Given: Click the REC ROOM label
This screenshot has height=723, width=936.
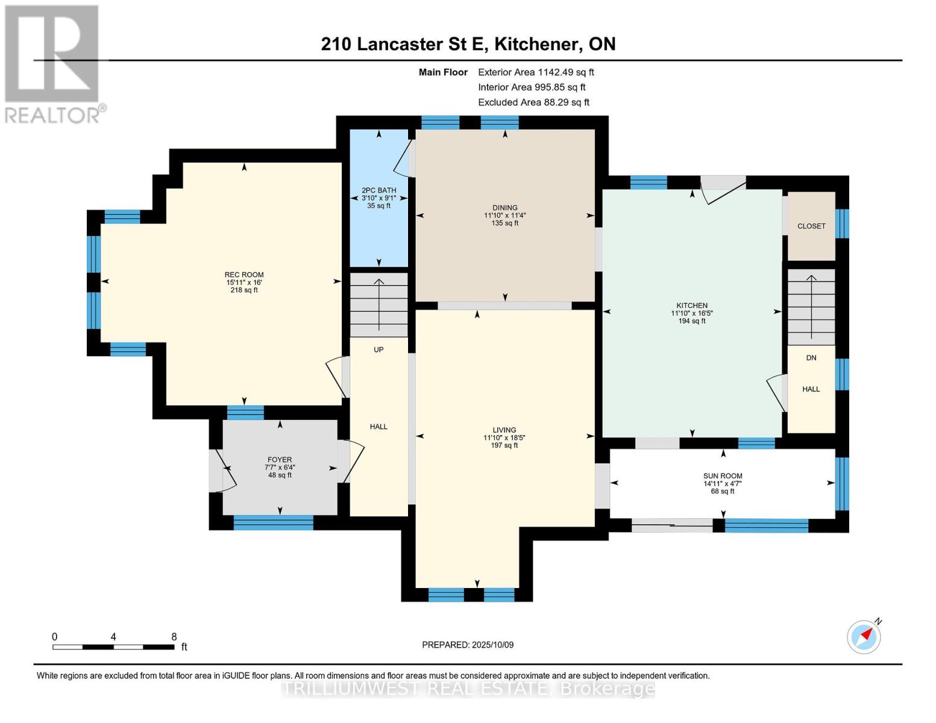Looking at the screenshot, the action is point(244,275).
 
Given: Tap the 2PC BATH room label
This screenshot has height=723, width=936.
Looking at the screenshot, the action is point(378,190).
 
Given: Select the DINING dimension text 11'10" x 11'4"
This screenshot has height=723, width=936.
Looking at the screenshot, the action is point(505,215).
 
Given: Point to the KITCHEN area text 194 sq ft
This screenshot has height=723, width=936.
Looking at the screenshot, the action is point(692,321).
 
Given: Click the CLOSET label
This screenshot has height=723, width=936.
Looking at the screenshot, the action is point(811,226).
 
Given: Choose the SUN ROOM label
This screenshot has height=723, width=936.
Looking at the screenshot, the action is point(723,476).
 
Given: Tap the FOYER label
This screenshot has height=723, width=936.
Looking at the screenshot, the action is point(280,460).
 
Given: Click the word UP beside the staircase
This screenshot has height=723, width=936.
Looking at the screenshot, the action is point(378,349).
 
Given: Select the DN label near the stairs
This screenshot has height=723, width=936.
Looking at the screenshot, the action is point(811,358).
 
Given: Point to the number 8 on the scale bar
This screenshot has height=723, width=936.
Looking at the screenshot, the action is point(174,637).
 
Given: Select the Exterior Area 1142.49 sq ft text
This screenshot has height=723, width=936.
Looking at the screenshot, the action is point(536,72).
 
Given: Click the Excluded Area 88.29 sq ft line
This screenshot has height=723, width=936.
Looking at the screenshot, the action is point(533,102).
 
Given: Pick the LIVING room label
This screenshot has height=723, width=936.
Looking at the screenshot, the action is point(504,430).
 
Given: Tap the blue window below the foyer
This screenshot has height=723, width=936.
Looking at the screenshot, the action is point(273,522).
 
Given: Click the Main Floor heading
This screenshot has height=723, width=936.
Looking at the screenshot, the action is point(443,72).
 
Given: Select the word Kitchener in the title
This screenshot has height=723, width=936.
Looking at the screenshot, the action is point(536,45).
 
